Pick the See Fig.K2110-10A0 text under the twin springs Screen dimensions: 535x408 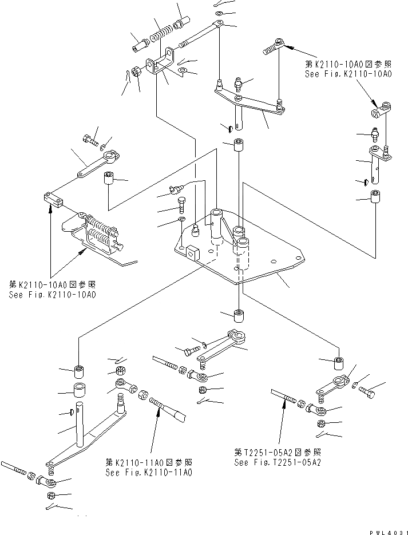[x=52, y=294]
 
